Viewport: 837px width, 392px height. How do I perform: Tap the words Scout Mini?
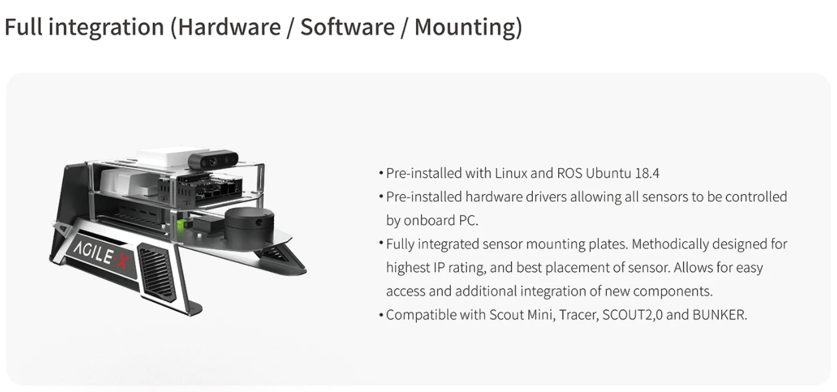pyautogui.click(x=497, y=315)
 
